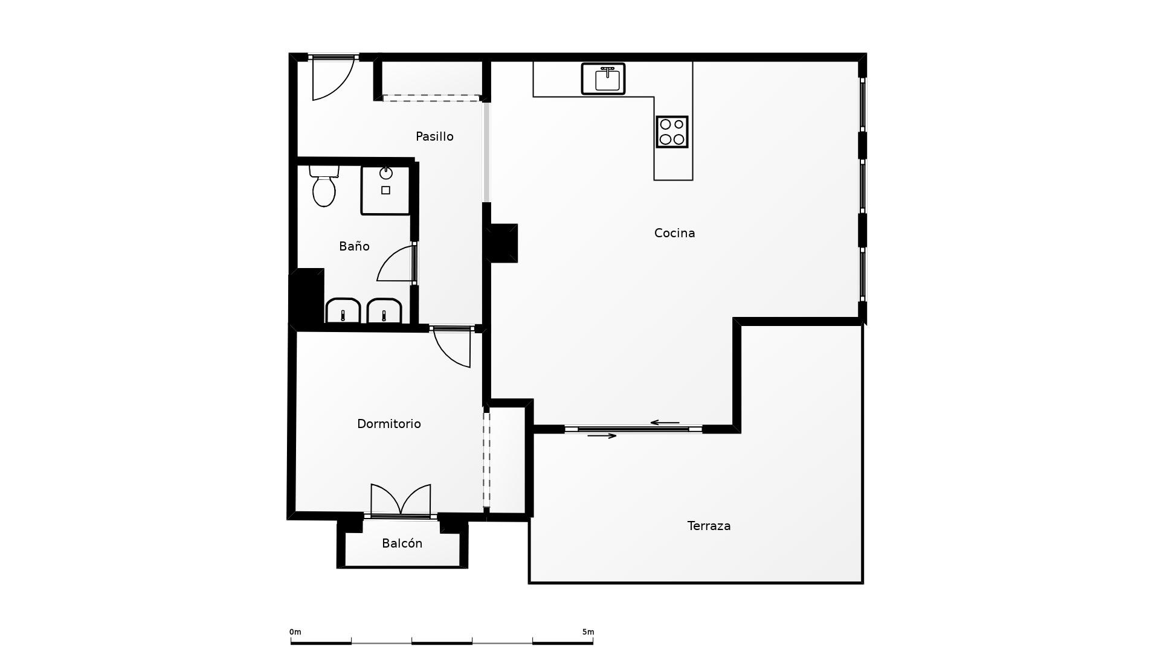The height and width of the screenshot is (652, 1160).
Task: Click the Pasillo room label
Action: coord(434,136)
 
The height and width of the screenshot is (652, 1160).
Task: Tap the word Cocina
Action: coord(674,233)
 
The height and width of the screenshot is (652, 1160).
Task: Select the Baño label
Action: coord(354,246)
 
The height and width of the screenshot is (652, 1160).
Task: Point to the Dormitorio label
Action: coord(388,424)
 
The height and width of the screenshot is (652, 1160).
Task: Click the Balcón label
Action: coord(402,543)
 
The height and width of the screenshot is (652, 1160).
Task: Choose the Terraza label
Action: coord(709,526)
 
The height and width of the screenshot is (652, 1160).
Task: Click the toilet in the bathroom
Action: coord(324,186)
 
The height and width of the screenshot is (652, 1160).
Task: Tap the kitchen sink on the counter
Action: coord(603,78)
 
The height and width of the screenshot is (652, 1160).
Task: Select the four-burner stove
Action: coord(672,132)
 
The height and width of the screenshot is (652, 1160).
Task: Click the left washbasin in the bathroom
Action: coord(343,311)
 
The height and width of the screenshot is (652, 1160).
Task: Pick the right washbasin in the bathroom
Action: coord(384,311)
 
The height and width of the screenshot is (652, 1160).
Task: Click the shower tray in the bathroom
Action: coord(385,190)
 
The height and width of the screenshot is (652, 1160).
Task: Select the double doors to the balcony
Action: coord(401,500)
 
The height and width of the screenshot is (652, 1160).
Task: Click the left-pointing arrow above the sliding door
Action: coord(665,423)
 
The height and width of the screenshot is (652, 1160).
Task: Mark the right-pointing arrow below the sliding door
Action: coord(602,436)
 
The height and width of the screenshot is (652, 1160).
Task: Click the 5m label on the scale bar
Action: coord(588,632)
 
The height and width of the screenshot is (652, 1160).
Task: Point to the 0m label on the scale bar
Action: coord(295,632)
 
